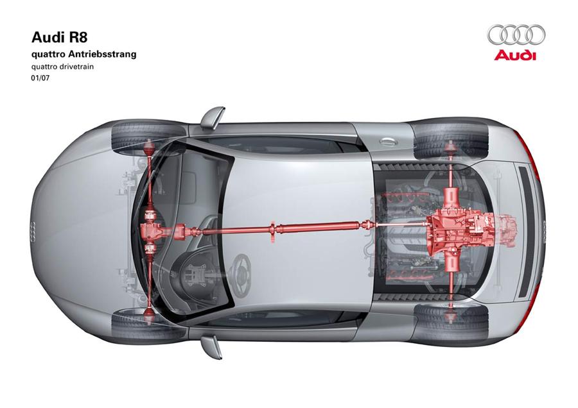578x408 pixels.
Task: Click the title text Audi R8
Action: (x=60, y=37)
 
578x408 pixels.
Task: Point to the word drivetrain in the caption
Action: (x=78, y=67)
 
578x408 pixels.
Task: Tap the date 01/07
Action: (x=40, y=78)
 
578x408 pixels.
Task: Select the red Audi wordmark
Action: (x=515, y=55)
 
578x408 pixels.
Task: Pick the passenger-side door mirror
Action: (x=213, y=117)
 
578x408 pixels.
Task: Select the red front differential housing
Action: (x=153, y=231)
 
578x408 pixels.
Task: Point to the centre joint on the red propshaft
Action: (x=273, y=231)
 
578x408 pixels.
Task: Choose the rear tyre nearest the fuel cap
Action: (x=451, y=139)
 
